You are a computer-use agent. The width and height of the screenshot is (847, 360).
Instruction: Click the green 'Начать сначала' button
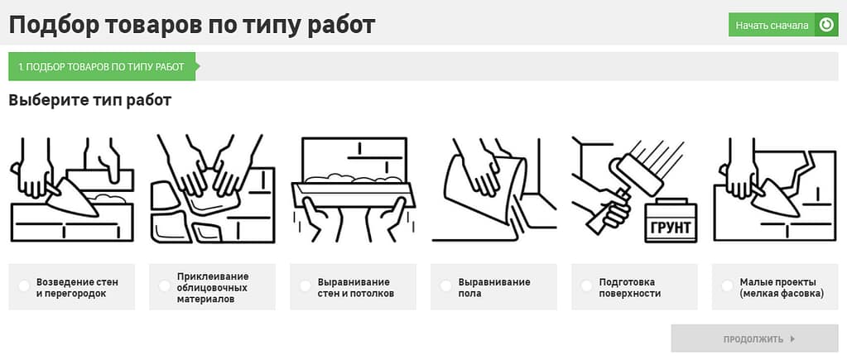[772, 25]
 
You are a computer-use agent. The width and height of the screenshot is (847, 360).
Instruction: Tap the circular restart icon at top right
[826, 25]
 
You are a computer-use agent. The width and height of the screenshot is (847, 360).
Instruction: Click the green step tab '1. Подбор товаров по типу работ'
[101, 66]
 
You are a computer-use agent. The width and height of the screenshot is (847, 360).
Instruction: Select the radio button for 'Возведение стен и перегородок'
[24, 286]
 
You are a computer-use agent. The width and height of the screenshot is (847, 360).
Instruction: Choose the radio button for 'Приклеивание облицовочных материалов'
[165, 286]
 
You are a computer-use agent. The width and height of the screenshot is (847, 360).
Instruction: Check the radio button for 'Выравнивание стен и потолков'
[306, 286]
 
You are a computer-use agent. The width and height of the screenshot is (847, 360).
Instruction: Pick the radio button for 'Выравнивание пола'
[446, 286]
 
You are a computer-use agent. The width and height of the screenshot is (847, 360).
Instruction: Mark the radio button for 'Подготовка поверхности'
[587, 286]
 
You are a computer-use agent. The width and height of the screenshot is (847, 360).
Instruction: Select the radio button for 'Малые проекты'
[728, 286]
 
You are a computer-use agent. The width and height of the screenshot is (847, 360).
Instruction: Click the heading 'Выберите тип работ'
[90, 100]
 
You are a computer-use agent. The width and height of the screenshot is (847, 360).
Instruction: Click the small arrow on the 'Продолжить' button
[792, 338]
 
